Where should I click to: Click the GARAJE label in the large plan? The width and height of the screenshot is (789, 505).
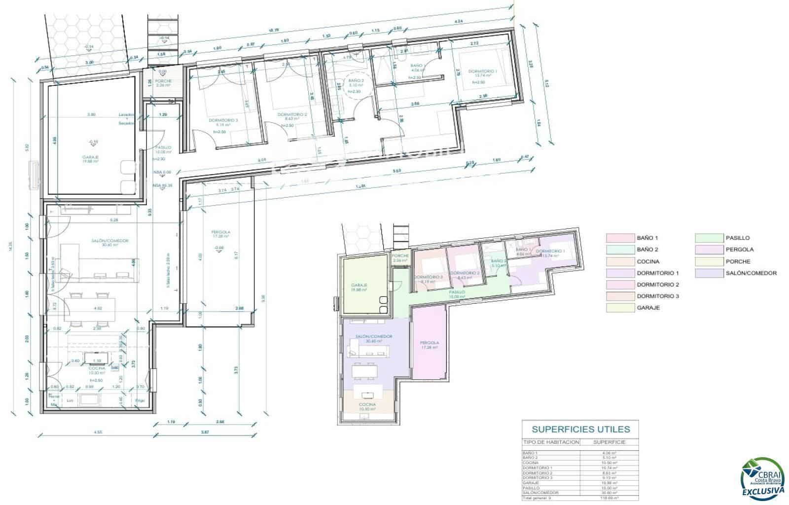[90, 157]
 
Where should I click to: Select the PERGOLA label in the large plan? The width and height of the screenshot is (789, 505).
[220, 232]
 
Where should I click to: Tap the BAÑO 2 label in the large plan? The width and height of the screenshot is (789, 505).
[356, 80]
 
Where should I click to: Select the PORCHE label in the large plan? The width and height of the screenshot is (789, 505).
[163, 81]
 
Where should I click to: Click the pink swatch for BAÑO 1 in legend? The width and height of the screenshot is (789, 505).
[619, 238]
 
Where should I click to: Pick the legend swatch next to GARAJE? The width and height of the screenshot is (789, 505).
[619, 308]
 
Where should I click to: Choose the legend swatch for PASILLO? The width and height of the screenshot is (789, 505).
[708, 238]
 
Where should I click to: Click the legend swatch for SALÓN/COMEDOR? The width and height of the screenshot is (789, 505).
[708, 273]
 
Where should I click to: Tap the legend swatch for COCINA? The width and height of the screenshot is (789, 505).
[619, 261]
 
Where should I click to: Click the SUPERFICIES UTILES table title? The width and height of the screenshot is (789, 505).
[580, 429]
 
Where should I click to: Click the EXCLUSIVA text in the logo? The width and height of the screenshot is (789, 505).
[763, 491]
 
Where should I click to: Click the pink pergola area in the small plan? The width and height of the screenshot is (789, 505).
[429, 345]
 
